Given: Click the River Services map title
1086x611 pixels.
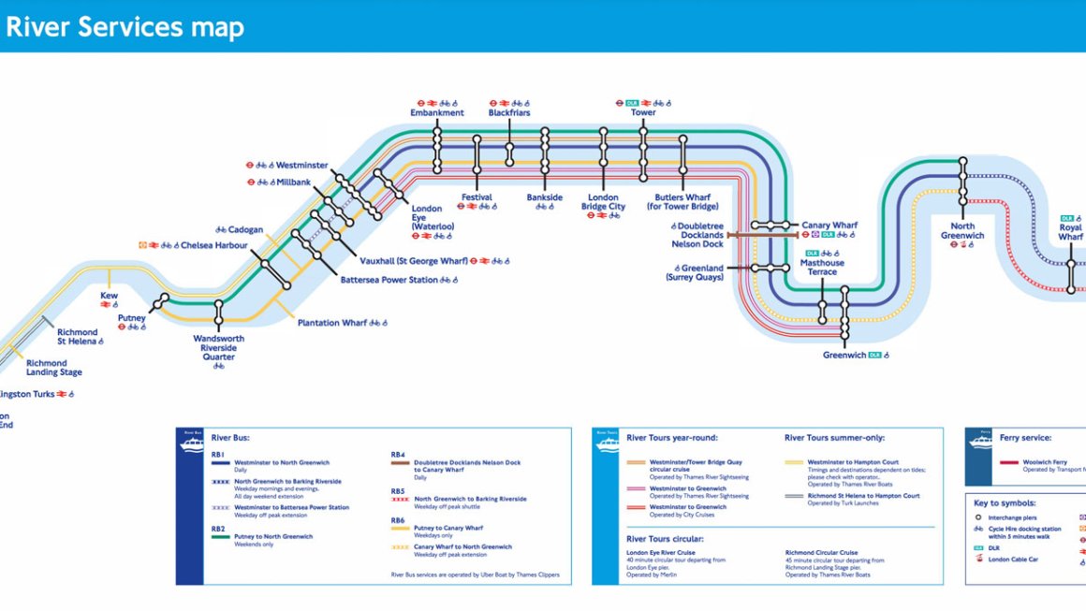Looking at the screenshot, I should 125,27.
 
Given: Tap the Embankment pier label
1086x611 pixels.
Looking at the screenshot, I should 437,113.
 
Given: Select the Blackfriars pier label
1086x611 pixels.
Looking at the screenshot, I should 509,113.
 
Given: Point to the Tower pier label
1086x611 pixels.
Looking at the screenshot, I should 643,113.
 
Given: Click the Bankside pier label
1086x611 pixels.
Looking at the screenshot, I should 545,197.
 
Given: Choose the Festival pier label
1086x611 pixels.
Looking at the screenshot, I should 477,197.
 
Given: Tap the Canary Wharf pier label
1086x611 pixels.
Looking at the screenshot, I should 829,225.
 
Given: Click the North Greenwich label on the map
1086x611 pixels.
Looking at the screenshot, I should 962,230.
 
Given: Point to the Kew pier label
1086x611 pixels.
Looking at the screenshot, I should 110,295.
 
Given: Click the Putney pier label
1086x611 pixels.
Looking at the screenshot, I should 132,318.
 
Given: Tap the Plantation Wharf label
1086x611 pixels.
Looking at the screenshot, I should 332,323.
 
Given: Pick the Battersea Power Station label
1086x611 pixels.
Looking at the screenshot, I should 389,280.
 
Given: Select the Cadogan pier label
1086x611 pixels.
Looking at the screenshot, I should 246,229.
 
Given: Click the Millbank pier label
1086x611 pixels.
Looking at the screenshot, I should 294,182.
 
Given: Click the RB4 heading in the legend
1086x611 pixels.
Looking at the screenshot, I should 398,455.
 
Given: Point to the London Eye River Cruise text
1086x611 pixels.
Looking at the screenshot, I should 660,553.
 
